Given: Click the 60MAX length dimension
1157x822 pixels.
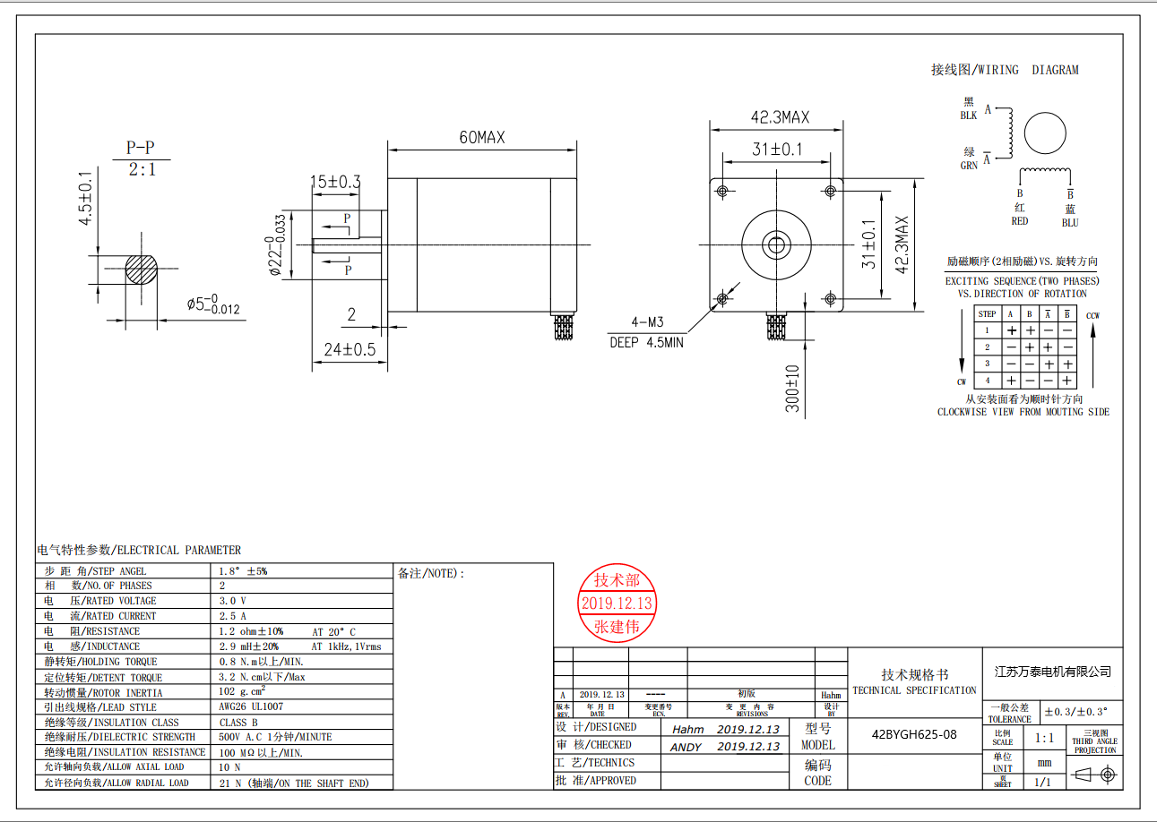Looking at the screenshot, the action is (482, 137).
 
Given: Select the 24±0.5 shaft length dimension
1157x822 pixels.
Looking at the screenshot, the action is (350, 349).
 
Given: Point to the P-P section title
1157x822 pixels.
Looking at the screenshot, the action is (141, 148).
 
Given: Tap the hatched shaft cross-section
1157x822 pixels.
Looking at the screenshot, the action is (141, 269).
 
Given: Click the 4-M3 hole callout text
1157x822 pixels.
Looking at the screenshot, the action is (647, 322).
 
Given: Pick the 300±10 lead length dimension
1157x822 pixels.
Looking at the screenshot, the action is (792, 389).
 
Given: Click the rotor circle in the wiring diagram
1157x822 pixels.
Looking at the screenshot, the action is (1045, 133).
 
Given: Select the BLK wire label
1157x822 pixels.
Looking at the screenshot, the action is (969, 116).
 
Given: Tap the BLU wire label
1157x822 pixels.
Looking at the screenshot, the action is (1070, 223).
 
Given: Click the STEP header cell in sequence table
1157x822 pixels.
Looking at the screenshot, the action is (987, 313).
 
